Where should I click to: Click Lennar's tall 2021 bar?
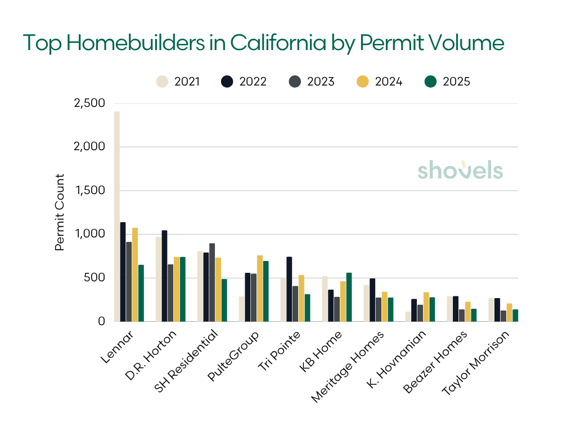click(x=116, y=217)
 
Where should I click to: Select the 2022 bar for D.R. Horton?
click(x=164, y=276)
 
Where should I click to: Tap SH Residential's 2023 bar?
click(x=212, y=282)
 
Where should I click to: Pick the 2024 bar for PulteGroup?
click(x=260, y=289)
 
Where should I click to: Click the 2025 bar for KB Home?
click(x=349, y=297)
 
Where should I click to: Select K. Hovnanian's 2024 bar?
click(x=426, y=307)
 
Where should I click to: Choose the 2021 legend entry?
click(x=178, y=82)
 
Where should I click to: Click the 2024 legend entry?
click(x=380, y=82)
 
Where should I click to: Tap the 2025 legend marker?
click(x=430, y=82)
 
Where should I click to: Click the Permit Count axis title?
click(x=60, y=212)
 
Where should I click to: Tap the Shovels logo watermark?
click(x=460, y=170)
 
